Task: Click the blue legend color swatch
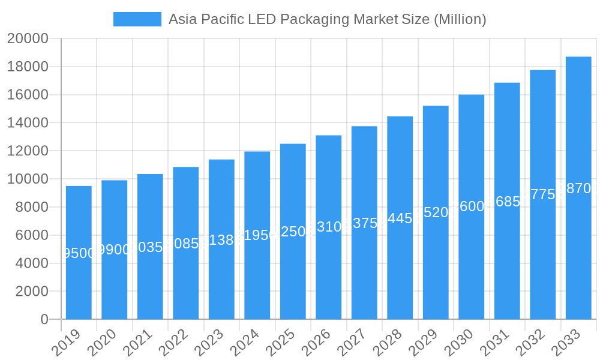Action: pyautogui.click(x=137, y=19)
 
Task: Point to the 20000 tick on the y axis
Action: pyautogui.click(x=28, y=39)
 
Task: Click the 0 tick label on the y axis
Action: pyautogui.click(x=44, y=320)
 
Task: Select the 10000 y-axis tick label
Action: pyautogui.click(x=28, y=179)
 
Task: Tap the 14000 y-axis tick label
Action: pyautogui.click(x=28, y=123)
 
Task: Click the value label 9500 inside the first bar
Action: pyautogui.click(x=79, y=253)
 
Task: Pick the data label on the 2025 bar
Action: pyautogui.click(x=293, y=232)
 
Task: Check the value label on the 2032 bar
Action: pyautogui.click(x=543, y=194)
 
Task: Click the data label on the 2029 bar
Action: pyautogui.click(x=436, y=212)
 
